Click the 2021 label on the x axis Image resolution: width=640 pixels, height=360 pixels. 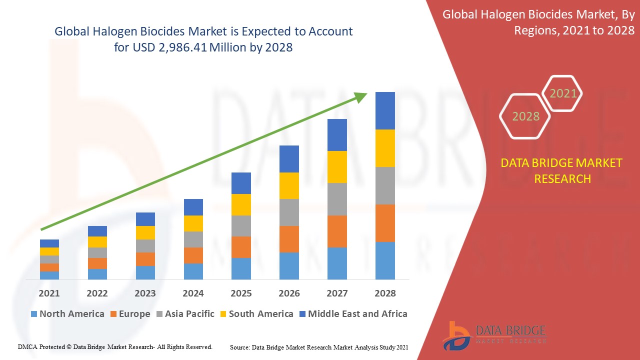click(49, 293)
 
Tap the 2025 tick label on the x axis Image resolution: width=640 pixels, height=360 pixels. click(241, 293)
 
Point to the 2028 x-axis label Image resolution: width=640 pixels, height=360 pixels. click(385, 293)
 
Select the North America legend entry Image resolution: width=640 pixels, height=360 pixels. click(67, 314)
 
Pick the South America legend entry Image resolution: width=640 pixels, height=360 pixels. click(255, 314)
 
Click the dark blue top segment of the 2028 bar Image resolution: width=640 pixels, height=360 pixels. click(385, 110)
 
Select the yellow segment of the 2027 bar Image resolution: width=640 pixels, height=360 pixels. click(337, 166)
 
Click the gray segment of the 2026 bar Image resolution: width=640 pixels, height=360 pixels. click(289, 212)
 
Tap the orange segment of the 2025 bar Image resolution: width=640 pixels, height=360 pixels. click(241, 247)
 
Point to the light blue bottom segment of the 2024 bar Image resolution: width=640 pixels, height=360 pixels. click(193, 271)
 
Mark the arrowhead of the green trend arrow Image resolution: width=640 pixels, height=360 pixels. click(360, 96)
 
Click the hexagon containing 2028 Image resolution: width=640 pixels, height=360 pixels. click(525, 116)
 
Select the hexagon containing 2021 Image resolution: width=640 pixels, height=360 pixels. click(562, 93)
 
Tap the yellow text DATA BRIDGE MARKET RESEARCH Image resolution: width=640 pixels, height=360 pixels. click(562, 170)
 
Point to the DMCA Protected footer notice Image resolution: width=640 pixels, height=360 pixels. click(115, 346)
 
